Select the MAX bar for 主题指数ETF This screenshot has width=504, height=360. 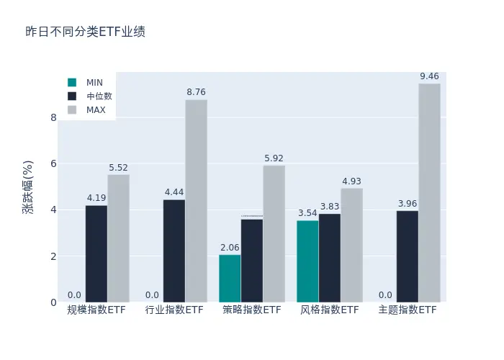click(x=429, y=193)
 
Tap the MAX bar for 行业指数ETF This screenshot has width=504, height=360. click(x=196, y=201)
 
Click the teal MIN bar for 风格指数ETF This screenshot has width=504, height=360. click(x=307, y=261)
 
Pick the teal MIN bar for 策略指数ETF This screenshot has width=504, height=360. click(x=230, y=278)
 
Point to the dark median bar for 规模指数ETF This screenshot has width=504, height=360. click(x=96, y=253)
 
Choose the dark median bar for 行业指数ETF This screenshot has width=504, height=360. click(x=174, y=251)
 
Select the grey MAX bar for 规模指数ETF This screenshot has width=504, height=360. click(x=118, y=238)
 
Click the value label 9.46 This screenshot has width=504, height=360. click(x=429, y=76)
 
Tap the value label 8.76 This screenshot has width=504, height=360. click(x=196, y=92)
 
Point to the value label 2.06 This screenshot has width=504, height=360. click(x=230, y=248)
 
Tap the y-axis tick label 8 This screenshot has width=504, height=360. click(x=53, y=117)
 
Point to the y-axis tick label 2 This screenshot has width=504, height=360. click(x=53, y=256)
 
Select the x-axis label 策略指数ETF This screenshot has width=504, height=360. click(x=252, y=310)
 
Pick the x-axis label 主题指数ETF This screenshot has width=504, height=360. click(x=408, y=310)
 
